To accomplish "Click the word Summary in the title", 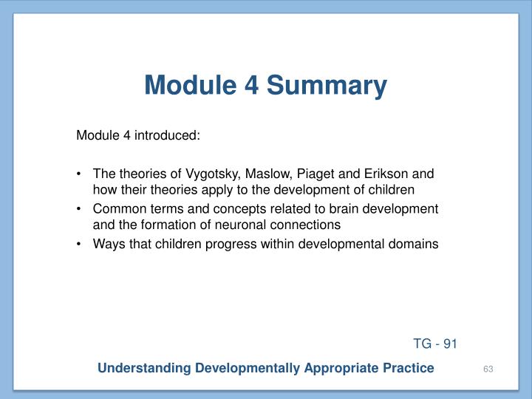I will point(327,86).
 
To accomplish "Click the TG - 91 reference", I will point(436,344).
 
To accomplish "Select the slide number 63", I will point(488,369).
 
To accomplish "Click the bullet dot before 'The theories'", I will point(79,176).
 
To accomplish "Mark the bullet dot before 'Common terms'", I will point(79,210).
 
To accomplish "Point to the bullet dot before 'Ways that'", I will point(79,244).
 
